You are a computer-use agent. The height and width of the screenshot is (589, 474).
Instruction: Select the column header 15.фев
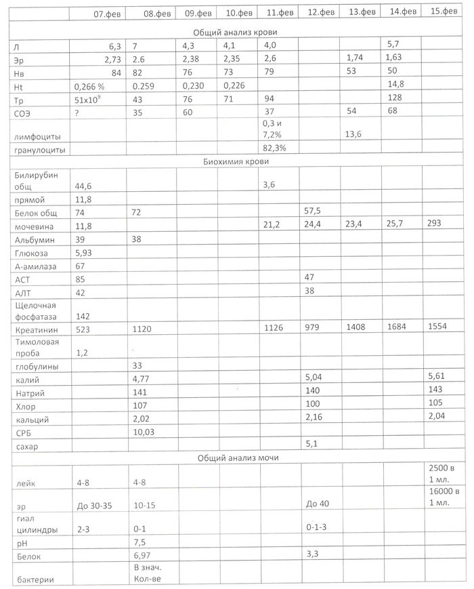point(444,13)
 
